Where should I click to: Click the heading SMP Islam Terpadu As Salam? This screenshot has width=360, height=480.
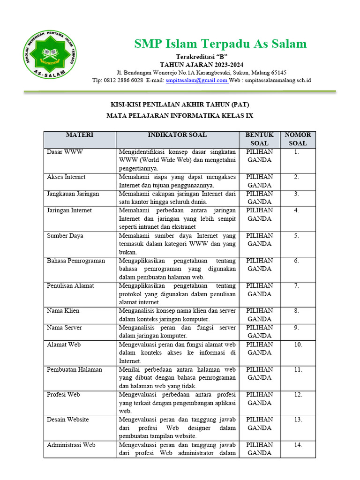[x=220, y=44]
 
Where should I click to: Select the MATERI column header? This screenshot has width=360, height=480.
[x=80, y=135]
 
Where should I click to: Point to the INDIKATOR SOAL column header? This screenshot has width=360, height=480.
[x=177, y=135]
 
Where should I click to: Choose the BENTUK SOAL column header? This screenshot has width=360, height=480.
[x=259, y=139]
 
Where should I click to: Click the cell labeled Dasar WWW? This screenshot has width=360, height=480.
[x=65, y=152]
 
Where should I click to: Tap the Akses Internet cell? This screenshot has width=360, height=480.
[x=67, y=177]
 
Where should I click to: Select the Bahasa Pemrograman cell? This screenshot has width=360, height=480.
[x=76, y=261]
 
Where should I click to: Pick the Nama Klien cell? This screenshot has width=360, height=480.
[x=64, y=311]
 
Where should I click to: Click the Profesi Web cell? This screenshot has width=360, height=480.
[x=64, y=395]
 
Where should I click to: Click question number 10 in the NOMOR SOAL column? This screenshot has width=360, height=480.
[x=297, y=345]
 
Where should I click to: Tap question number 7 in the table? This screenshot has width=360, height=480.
[x=297, y=285]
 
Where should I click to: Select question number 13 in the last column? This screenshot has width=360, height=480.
[x=297, y=420]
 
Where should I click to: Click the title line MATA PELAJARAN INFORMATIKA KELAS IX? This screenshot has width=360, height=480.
[x=180, y=115]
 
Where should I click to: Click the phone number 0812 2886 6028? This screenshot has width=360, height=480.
[x=123, y=81]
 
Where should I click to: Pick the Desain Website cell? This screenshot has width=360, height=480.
[x=68, y=420]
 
